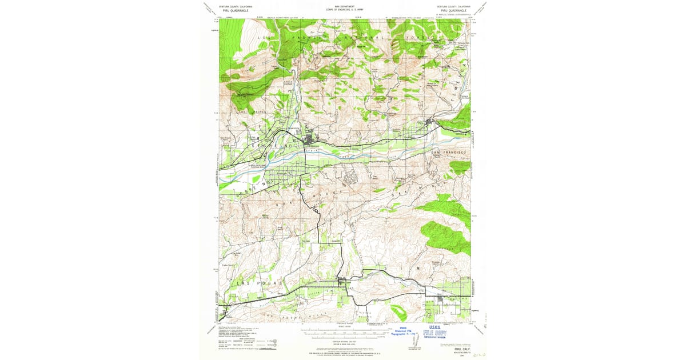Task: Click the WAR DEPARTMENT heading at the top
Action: (345, 7)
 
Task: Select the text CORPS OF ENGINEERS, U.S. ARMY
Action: (345, 10)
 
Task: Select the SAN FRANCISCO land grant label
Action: (449, 153)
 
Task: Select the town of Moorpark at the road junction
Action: (342, 281)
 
